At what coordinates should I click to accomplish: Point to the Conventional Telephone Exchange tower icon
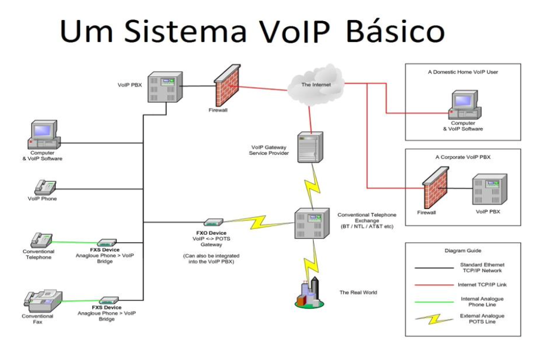tap(311, 223)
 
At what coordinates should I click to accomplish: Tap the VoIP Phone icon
tap(45, 187)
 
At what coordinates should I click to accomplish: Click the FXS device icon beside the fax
tap(109, 300)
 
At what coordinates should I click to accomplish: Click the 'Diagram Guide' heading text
tap(462, 251)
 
